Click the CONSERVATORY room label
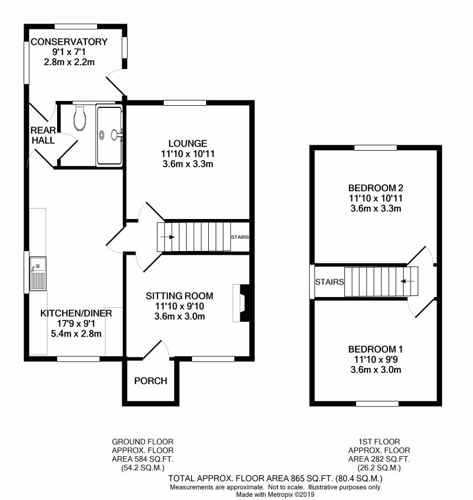pos(69,42)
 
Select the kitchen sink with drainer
pos(38,274)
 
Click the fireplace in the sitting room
pos(241,303)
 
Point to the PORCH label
pos(151,381)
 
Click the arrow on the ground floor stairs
pos(168,237)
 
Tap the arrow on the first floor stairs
pos(407,281)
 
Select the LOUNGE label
pos(188,144)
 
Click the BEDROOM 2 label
pos(376,188)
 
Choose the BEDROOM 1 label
pos(376,349)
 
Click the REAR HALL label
pos(43,135)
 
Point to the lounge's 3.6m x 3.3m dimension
pos(188,164)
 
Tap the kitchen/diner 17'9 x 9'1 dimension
pos(76,323)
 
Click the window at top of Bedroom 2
pos(375,147)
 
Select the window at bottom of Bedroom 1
pos(377,404)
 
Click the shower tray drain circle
pos(101,135)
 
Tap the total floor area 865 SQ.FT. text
pos(311,478)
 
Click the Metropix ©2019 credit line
pos(275,495)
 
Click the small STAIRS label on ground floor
pos(240,237)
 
